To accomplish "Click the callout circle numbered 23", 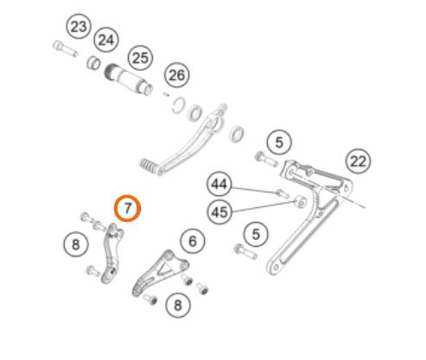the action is click(79, 27).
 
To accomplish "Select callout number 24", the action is click(106, 40).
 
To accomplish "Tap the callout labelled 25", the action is click(141, 58).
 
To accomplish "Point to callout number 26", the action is click(177, 75).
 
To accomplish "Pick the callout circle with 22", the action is click(358, 161).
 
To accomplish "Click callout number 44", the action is click(219, 184).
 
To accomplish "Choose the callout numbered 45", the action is click(219, 212).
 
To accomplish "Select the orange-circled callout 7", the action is click(127, 208).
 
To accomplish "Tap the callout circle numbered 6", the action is click(193, 241).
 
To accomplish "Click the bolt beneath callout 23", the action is click(66, 49).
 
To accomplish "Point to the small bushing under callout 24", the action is click(93, 62).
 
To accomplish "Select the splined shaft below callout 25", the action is click(129, 79).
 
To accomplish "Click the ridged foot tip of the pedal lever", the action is click(149, 167).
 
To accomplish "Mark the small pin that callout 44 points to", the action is click(283, 193).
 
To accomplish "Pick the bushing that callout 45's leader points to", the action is click(300, 202).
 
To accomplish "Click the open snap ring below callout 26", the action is click(179, 105).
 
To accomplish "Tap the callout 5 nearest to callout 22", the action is click(279, 142).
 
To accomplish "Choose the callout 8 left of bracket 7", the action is click(76, 244).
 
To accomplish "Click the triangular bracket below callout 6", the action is click(160, 273).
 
